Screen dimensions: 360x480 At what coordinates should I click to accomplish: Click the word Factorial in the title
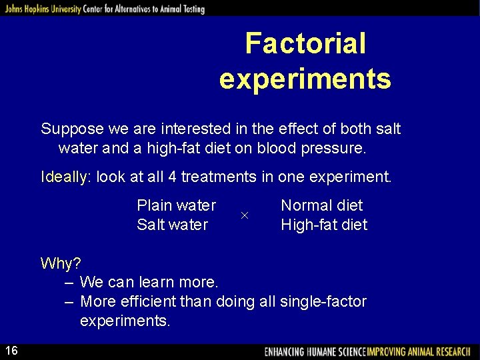coord(305,44)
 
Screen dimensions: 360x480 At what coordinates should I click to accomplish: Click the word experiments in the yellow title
coord(305,79)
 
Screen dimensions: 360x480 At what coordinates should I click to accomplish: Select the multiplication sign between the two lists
coord(244,215)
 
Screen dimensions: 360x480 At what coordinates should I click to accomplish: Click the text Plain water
coord(176,205)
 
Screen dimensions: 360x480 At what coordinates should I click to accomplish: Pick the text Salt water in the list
coord(172,225)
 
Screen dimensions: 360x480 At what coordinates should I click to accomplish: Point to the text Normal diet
coord(322,205)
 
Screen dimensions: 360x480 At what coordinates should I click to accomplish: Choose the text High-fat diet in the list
coord(324,225)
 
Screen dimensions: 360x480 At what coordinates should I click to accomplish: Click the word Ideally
coord(64,177)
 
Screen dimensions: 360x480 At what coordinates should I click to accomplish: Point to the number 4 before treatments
coord(170,177)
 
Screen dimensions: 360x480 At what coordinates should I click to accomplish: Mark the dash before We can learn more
coord(69,283)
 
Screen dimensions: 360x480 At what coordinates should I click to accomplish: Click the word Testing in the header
coord(192,9)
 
